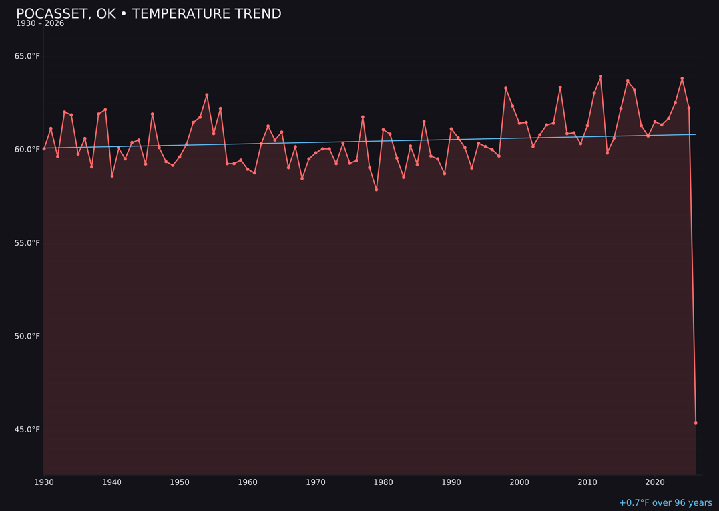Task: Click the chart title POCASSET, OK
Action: (148, 14)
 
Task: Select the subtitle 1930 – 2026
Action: (40, 23)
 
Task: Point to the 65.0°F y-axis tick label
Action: (27, 56)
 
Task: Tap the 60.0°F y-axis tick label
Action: (27, 149)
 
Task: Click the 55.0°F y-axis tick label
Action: (27, 243)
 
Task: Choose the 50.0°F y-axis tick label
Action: (27, 336)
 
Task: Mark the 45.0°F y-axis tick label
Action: (27, 429)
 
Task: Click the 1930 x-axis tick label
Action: (44, 482)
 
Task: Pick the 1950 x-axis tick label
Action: (180, 482)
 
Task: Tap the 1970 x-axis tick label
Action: (316, 482)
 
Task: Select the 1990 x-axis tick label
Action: (451, 482)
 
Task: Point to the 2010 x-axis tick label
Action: (587, 482)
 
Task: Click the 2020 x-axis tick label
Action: (655, 482)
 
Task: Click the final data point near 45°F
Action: (696, 423)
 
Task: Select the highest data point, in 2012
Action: (600, 77)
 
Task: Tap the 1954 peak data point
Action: (207, 95)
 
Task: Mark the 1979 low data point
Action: (377, 190)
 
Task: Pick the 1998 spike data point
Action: (505, 88)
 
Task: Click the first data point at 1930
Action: (44, 149)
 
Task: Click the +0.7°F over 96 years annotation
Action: (665, 503)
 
